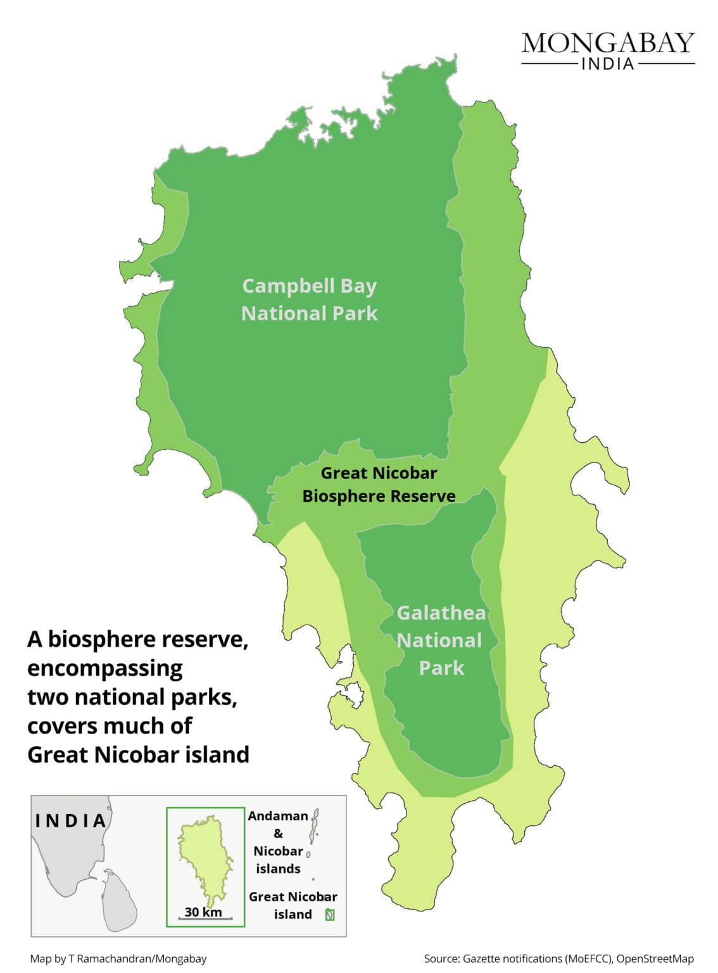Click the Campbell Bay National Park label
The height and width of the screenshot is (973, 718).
click(x=309, y=300)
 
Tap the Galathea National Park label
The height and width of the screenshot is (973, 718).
click(x=441, y=640)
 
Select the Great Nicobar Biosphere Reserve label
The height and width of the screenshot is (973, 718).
click(x=379, y=485)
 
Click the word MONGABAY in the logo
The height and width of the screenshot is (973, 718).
click(x=608, y=43)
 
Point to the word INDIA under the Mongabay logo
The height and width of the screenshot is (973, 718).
click(x=607, y=64)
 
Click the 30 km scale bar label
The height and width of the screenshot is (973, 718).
click(x=203, y=912)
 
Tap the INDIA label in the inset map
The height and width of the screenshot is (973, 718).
click(x=71, y=821)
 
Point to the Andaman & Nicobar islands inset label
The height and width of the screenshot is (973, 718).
click(x=277, y=842)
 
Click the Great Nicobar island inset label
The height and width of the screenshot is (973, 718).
click(x=293, y=905)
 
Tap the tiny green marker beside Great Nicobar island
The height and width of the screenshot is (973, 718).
click(x=329, y=914)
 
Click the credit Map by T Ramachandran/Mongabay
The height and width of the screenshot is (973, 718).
click(x=118, y=958)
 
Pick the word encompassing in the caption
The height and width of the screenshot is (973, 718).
click(x=105, y=668)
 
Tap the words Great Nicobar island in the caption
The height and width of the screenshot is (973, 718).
click(x=138, y=754)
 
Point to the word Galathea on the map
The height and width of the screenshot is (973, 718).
click(x=441, y=613)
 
